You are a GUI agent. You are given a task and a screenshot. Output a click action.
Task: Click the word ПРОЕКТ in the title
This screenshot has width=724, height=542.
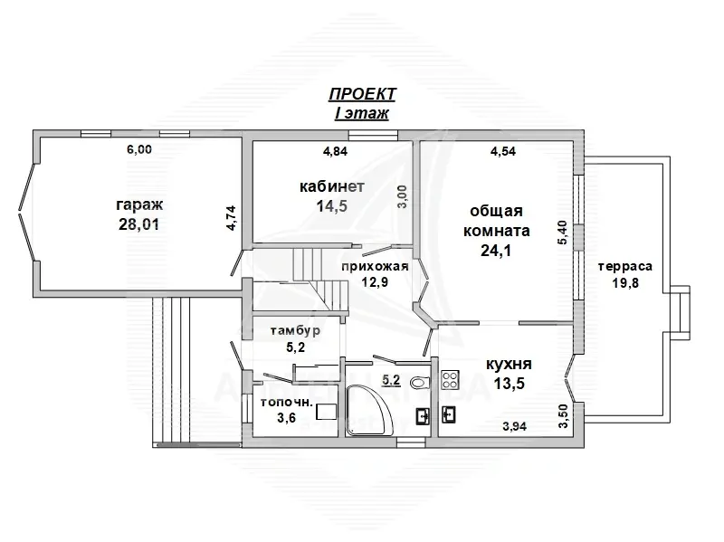click(x=362, y=94)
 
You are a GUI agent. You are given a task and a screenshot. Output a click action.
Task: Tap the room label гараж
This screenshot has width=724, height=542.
click(x=139, y=204)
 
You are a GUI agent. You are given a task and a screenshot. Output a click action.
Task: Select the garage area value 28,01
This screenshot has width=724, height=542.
click(x=139, y=224)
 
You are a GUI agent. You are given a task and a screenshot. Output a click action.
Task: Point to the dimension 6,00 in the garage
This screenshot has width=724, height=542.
click(x=139, y=149)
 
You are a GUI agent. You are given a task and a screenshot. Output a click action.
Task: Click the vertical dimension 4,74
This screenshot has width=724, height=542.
click(x=232, y=218)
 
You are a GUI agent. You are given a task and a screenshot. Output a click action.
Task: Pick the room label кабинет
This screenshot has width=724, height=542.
click(x=332, y=186)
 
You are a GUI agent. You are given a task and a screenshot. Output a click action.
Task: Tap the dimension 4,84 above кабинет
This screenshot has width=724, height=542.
click(x=335, y=151)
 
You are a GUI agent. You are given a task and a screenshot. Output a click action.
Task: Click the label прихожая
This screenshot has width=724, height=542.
click(x=375, y=266)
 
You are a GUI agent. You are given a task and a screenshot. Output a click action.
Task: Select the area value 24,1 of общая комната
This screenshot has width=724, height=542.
click(x=496, y=251)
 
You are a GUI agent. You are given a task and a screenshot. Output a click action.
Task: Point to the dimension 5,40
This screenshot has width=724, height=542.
click(x=562, y=233)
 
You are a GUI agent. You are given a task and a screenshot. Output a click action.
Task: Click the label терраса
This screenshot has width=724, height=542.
click(x=625, y=266)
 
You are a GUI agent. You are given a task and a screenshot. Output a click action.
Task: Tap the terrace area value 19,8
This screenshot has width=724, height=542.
click(x=625, y=282)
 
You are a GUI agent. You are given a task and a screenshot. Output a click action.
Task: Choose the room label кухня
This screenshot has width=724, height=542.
click(x=509, y=365)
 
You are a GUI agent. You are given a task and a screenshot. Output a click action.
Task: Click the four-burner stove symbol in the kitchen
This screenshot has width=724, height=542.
click(x=450, y=380)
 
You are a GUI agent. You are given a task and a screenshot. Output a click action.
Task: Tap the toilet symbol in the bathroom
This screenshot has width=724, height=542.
click(x=420, y=383)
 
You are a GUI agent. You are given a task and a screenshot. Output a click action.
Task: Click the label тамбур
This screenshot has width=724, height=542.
click(x=295, y=331)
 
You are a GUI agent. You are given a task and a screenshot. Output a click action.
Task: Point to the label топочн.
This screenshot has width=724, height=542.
click(x=287, y=402)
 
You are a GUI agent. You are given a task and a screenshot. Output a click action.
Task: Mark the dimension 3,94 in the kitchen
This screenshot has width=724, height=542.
click(x=515, y=426)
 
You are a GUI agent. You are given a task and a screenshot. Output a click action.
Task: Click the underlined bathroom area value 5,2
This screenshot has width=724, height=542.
click(x=391, y=380)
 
